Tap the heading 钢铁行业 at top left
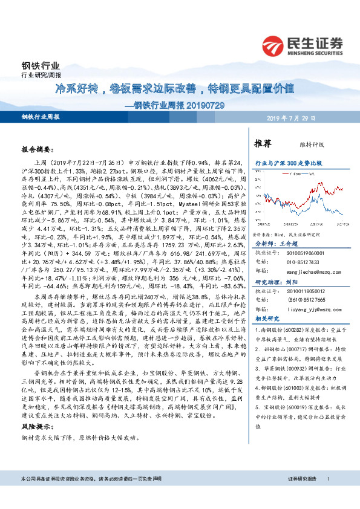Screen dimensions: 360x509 (37, 66)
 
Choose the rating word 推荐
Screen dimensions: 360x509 (263, 144)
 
